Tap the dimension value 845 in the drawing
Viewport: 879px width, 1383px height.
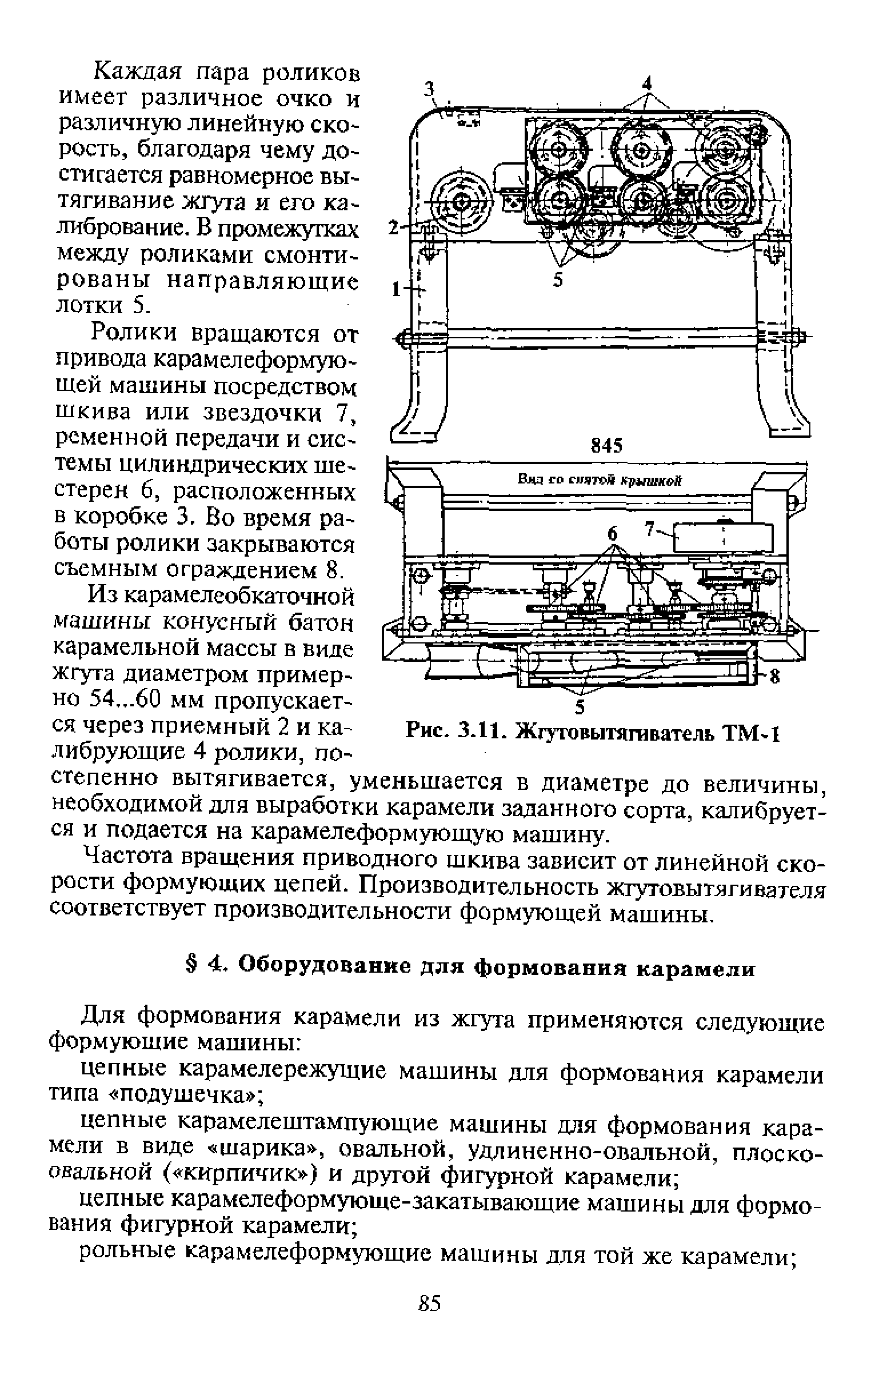(x=607, y=446)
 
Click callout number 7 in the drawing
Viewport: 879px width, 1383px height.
(x=649, y=531)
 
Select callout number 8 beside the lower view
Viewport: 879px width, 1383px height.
(x=775, y=678)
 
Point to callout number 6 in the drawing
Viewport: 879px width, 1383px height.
(x=613, y=534)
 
